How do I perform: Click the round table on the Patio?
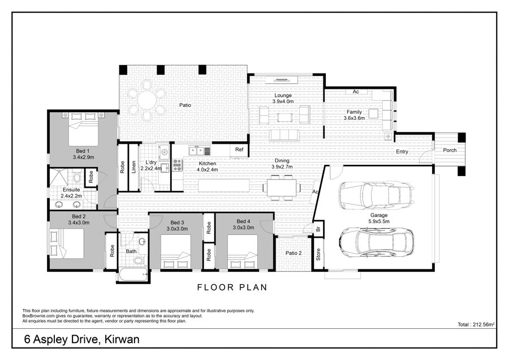146,100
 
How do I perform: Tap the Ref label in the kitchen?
239,149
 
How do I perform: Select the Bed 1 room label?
83,151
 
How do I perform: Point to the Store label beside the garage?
318,254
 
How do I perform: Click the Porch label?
450,150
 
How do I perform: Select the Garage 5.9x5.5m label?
379,218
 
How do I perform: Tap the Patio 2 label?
294,253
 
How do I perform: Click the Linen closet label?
133,167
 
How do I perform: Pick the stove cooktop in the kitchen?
177,165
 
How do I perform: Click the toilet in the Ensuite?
77,177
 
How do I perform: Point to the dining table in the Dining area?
282,188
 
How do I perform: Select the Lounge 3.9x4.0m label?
283,98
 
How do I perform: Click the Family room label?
354,115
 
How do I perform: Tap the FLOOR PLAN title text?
232,287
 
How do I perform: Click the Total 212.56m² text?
476,324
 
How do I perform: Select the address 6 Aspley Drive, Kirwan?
82,340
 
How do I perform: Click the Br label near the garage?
318,229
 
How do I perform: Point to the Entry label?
402,152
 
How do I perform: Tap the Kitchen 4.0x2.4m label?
208,166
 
